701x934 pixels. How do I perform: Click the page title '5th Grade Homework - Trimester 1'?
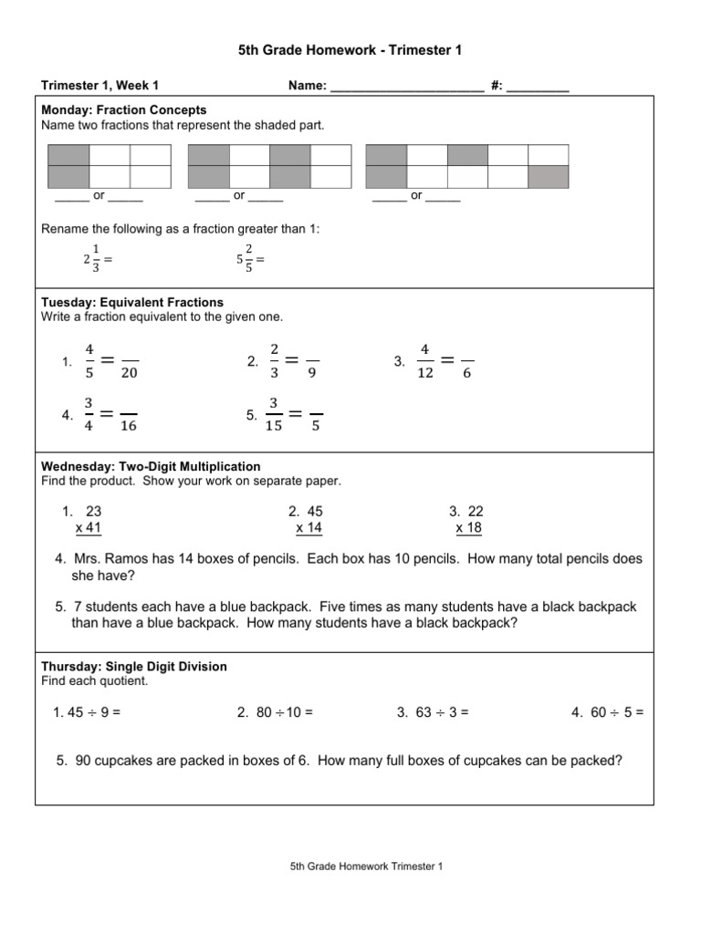pos(350,50)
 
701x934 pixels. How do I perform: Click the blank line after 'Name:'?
pos(406,87)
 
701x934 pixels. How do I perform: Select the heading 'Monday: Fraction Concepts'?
pos(124,110)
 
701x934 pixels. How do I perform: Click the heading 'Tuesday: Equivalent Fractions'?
pos(132,302)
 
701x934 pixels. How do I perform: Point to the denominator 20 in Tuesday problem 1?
pos(130,373)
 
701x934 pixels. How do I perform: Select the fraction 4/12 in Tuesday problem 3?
pos(424,361)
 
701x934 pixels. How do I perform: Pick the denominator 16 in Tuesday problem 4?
pos(129,426)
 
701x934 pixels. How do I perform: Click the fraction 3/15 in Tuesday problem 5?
pos(274,414)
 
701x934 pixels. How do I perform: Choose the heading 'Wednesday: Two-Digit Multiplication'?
pos(151,466)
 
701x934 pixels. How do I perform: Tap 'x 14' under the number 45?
pos(309,528)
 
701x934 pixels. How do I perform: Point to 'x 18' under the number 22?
pos(469,528)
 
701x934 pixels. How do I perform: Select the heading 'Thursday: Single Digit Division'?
pos(134,667)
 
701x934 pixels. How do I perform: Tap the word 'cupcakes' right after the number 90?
pos(128,760)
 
